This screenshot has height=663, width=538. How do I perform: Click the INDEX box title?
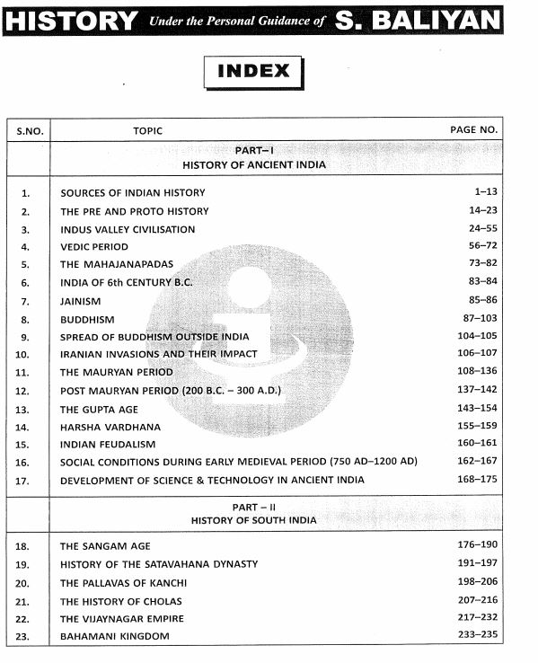click(253, 71)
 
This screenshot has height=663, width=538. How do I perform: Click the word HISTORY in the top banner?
click(71, 20)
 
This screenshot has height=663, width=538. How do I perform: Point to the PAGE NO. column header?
click(473, 130)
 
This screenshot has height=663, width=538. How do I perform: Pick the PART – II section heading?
click(254, 507)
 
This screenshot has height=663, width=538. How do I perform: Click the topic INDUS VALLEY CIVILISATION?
click(128, 229)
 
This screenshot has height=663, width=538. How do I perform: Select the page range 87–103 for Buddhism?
click(479, 319)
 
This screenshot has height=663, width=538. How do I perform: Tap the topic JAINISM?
click(81, 301)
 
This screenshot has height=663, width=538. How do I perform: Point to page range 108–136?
click(476, 372)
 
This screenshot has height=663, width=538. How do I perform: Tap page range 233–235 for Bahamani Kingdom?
click(476, 636)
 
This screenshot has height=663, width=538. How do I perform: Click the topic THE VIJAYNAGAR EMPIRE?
click(122, 618)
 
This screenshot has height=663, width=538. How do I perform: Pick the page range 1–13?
click(483, 192)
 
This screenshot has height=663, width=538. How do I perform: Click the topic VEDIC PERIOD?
click(94, 247)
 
